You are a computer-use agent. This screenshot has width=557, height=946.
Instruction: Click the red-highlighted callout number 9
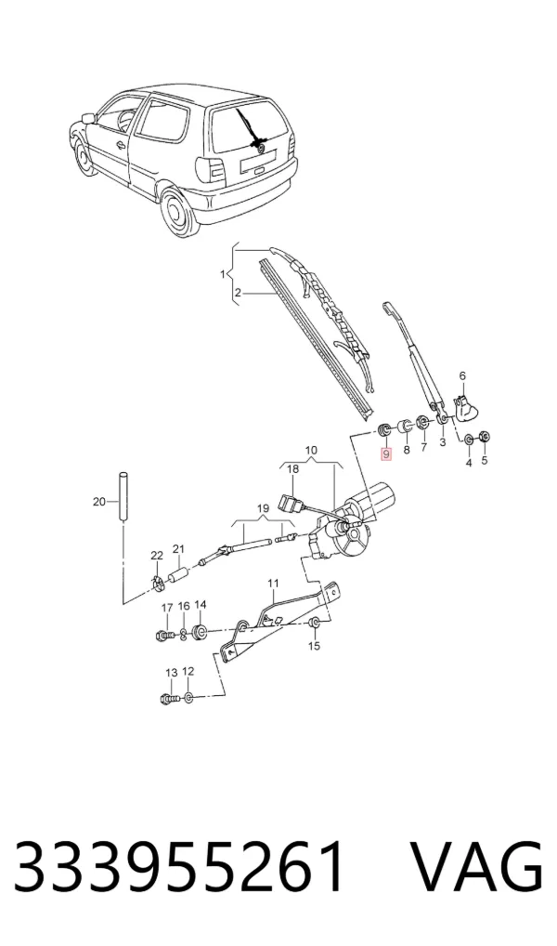point(386,453)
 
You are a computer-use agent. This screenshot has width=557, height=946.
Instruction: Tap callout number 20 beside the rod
point(98,501)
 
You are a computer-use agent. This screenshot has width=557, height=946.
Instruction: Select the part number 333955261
point(180,867)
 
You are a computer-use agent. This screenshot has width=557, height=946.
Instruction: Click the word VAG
point(475,867)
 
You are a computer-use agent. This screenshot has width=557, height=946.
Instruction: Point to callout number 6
point(462,375)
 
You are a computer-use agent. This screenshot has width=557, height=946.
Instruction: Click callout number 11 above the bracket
point(274,584)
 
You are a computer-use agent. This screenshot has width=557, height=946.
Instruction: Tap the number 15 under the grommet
point(314,646)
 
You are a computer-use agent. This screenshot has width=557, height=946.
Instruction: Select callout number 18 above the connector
point(292,468)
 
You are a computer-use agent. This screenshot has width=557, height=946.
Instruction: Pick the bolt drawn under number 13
point(171,699)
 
